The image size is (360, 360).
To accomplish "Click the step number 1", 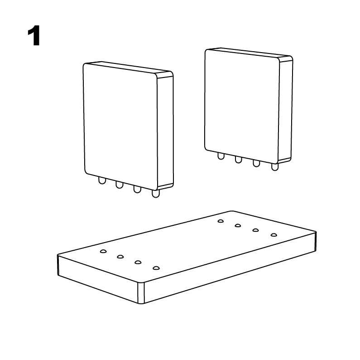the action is [34, 36].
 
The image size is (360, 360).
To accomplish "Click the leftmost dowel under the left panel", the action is [102, 181].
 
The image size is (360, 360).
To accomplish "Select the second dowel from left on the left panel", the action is [120, 185].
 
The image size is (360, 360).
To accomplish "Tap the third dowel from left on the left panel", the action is [137, 189].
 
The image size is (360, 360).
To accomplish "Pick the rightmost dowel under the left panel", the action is [156, 194].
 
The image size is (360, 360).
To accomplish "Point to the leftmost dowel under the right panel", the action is [221, 156].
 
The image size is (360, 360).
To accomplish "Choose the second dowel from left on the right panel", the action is [238, 160].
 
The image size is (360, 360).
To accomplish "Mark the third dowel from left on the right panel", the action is [256, 163].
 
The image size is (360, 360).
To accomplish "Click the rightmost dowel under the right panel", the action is [274, 167].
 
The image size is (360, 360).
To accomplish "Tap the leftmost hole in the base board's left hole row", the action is [103, 251].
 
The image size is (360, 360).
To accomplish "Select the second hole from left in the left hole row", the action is [120, 257].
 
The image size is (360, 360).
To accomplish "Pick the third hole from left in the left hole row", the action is [138, 262].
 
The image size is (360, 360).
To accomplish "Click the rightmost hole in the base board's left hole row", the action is [156, 268].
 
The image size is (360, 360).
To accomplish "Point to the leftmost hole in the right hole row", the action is [221, 221].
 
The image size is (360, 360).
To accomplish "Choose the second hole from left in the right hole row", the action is [238, 225].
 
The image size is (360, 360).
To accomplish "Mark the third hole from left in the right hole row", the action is [255, 230].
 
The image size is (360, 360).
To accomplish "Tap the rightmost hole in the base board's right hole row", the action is [274, 235].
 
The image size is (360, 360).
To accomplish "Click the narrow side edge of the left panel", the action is [165, 130].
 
